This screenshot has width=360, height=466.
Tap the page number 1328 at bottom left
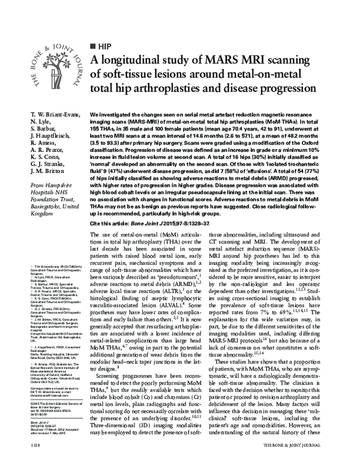20,455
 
